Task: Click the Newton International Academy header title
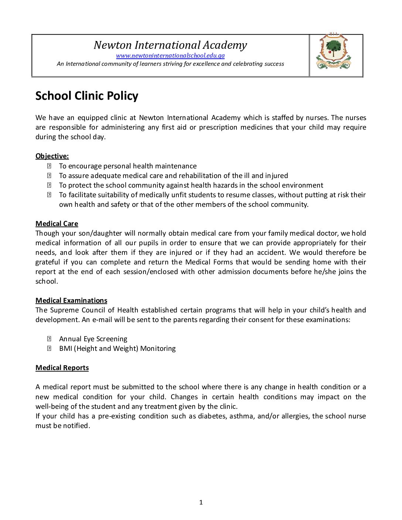click(x=170, y=45)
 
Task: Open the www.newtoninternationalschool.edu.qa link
click(x=170, y=56)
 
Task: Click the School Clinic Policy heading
click(x=87, y=96)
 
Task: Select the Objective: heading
click(x=52, y=156)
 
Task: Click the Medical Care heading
click(x=57, y=224)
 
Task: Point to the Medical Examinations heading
click(x=71, y=301)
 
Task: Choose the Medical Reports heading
click(x=62, y=368)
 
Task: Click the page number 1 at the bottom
click(x=201, y=502)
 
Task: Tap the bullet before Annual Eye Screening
click(x=49, y=339)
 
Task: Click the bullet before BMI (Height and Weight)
click(x=49, y=349)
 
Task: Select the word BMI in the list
click(x=65, y=349)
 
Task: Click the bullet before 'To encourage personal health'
click(x=49, y=166)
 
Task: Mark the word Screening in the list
click(x=112, y=339)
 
